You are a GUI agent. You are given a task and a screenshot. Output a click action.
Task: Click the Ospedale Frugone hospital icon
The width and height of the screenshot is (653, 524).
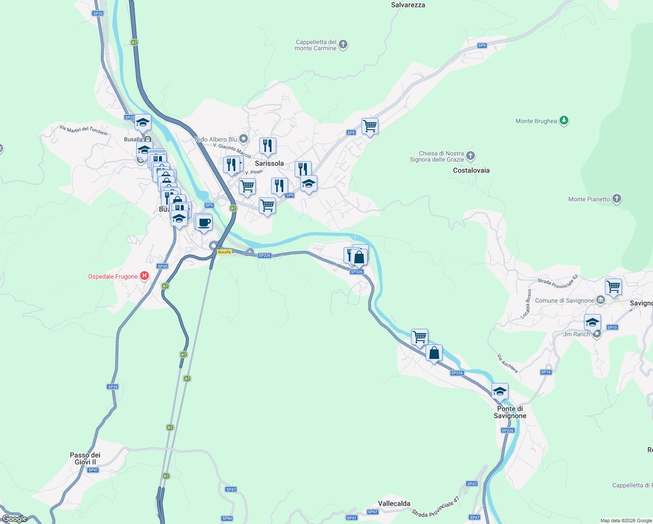pos(144,276)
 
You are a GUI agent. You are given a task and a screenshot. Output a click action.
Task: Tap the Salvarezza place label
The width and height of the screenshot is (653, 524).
pos(408,5)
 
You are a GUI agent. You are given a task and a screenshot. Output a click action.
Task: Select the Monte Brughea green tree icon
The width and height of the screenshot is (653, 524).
pos(564,121)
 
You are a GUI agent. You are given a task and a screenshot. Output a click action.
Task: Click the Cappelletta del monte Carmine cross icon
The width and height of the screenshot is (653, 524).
pos(343,45)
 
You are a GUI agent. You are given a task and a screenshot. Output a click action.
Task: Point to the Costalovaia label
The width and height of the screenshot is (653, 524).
pos(471,170)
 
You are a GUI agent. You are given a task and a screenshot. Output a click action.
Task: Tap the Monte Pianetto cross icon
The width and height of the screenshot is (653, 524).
pos(616,199)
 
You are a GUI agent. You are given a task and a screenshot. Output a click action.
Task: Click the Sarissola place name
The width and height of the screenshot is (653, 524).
pos(269,163)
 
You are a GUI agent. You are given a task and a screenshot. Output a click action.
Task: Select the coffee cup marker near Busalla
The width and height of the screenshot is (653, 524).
pos(204,223)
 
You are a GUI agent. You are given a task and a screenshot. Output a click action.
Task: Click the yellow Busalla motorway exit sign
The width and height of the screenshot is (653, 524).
pos(224,252)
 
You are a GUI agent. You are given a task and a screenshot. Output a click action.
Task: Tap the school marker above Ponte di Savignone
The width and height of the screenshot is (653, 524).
pos(500,391)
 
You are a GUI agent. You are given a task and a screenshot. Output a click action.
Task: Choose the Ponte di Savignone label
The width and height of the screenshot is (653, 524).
pos(510,412)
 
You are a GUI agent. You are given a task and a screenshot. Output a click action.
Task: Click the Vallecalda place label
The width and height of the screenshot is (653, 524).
pos(394,503)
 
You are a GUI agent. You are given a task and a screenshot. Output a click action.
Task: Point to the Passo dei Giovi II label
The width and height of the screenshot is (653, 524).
pos(85,458)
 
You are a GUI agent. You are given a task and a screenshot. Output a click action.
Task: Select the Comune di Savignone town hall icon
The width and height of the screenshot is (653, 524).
pos(601,300)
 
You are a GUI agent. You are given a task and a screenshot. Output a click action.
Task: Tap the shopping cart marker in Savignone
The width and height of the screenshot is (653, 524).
pos(613,287)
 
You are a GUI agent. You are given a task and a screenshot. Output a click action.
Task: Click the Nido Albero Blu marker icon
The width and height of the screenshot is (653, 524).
pos(244,139)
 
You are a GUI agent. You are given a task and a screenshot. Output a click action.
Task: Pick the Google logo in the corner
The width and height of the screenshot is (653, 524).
pos(14,519)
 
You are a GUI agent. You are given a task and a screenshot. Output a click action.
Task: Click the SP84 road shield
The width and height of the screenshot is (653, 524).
pos(227,518)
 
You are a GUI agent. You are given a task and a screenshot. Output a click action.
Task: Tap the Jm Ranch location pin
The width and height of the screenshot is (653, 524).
pos(597,334)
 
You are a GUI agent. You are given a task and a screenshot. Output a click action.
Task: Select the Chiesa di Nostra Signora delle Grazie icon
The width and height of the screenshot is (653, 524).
pos(470,155)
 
